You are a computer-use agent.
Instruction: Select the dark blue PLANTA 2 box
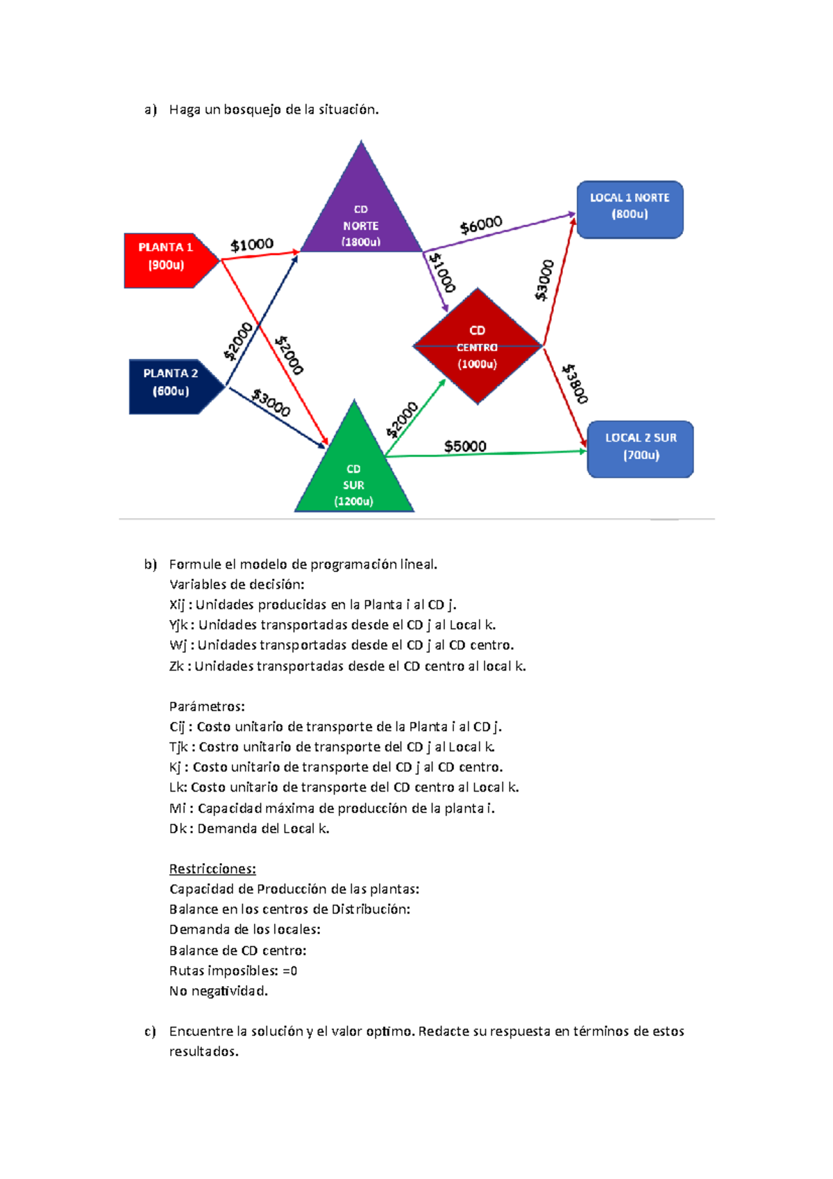[171, 385]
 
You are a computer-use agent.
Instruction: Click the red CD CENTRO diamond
[478, 346]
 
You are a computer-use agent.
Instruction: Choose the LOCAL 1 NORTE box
[630, 209]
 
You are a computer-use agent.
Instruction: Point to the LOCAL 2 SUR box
[640, 449]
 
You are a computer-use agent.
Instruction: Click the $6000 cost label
[481, 225]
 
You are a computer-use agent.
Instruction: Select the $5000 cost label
[465, 446]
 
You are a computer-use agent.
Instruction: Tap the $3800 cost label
[575, 383]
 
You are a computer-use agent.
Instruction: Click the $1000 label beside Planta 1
[252, 244]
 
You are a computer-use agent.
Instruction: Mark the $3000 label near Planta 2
[271, 403]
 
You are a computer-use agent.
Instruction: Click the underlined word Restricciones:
[212, 869]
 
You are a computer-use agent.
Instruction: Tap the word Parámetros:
[207, 706]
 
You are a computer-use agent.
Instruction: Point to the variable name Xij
[177, 605]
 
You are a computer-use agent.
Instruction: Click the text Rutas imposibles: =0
[233, 971]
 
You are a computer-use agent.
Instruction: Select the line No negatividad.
[218, 991]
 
